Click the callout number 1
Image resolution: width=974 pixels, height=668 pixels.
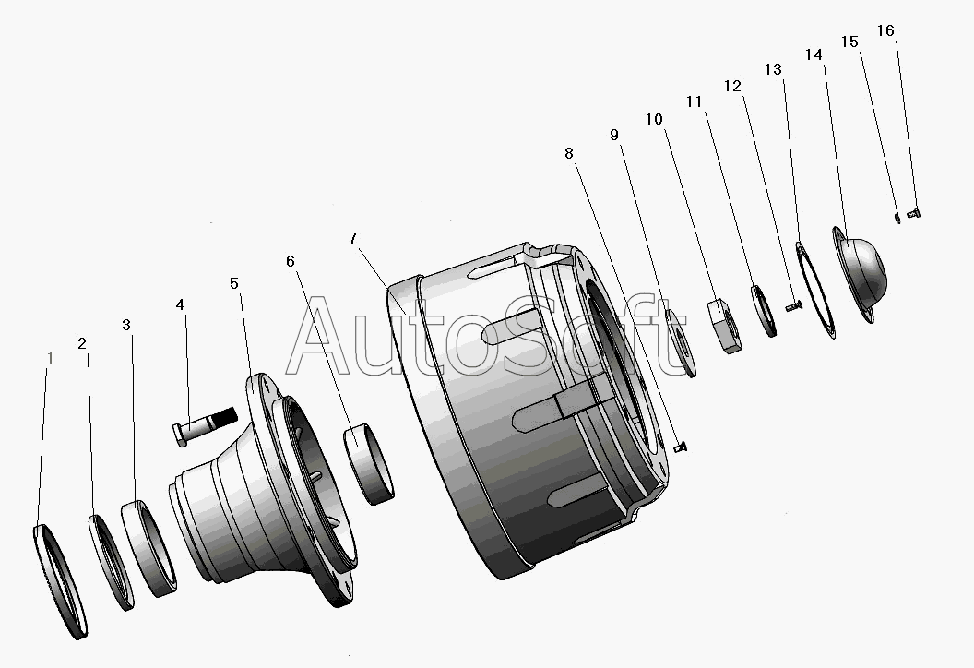coord(51,359)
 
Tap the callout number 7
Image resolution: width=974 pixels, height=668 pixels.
coord(352,238)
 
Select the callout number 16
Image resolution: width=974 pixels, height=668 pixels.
coord(885,30)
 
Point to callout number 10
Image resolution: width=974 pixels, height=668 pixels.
coord(654,119)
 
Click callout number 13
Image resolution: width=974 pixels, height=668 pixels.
coord(773,69)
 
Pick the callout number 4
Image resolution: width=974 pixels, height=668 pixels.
coord(180,304)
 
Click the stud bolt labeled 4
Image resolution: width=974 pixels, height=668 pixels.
coord(204,425)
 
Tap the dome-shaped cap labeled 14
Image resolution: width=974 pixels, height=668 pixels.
coord(861,273)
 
